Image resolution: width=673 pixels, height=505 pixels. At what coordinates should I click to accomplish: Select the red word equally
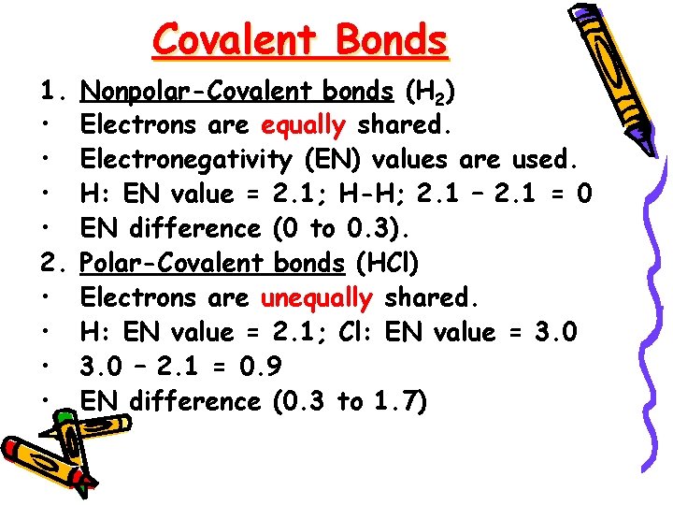303,124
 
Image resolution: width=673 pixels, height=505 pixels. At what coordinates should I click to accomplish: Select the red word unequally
316,297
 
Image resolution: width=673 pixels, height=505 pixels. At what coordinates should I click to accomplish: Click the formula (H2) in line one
430,91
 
